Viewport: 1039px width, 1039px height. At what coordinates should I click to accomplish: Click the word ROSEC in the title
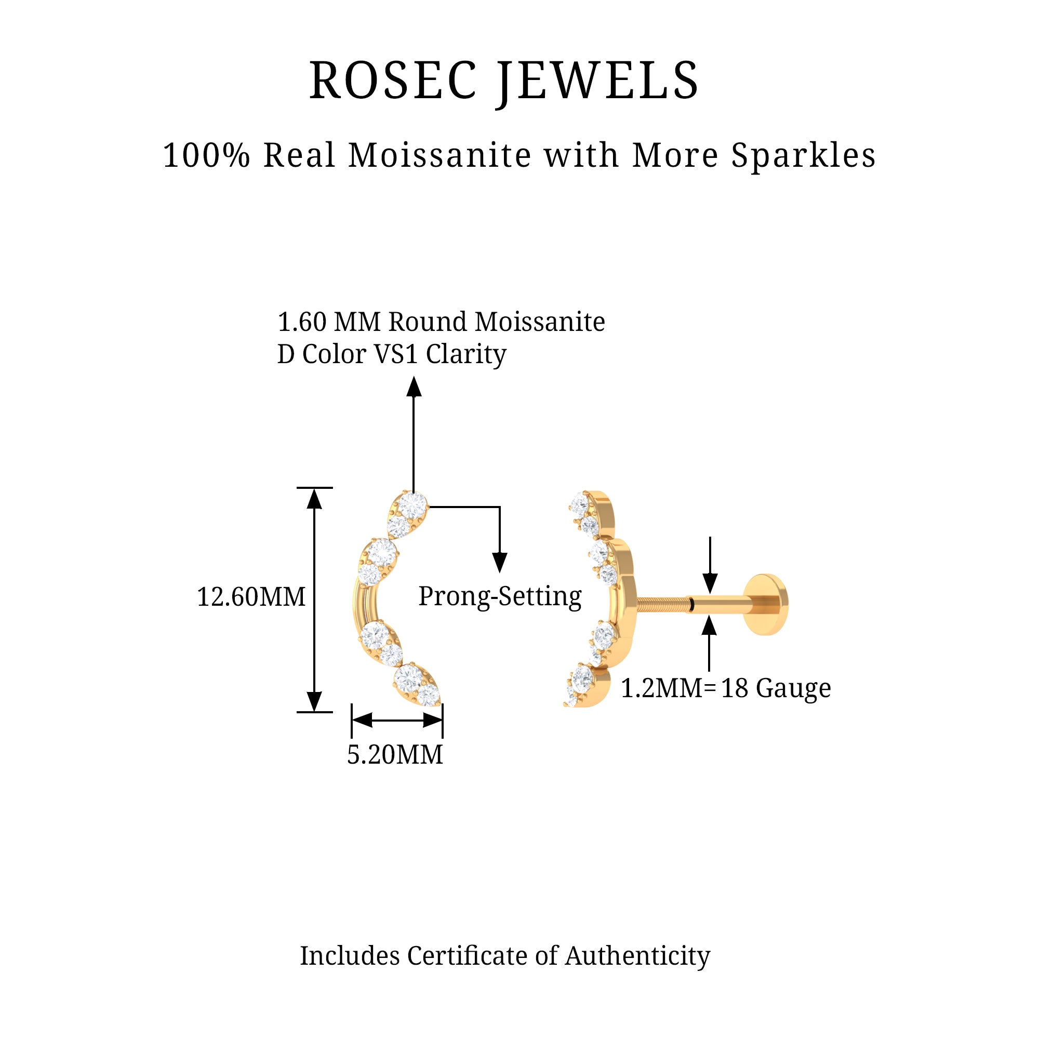coord(393,81)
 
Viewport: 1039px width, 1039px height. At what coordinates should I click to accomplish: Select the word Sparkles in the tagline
coord(804,156)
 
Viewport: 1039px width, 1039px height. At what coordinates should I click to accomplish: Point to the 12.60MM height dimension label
coord(251,597)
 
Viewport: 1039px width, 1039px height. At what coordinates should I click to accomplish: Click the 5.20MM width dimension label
coord(395,754)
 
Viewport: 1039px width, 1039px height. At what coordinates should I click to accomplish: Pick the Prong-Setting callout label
coord(500,596)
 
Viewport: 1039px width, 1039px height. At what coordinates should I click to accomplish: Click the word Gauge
coord(793,688)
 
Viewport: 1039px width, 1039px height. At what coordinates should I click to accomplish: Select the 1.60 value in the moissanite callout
coord(302,322)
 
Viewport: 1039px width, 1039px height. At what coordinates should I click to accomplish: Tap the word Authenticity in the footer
coord(637,956)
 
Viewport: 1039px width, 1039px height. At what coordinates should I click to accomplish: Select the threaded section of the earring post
coord(662,604)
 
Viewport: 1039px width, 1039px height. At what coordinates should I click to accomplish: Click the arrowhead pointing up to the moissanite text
coord(414,387)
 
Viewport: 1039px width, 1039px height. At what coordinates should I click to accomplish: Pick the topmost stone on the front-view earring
coord(412,505)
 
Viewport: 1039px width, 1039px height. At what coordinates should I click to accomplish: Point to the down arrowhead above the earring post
coord(710,583)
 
